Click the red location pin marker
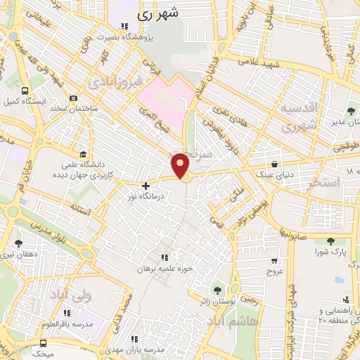click(x=181, y=165)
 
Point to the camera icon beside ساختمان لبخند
click(x=73, y=99)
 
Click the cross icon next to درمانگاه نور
click(x=146, y=186)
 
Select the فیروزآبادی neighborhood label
click(x=120, y=83)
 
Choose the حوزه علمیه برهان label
click(x=165, y=269)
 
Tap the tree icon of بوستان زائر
click(x=216, y=288)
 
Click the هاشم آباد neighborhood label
click(x=232, y=320)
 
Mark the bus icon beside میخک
click(x=44, y=343)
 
